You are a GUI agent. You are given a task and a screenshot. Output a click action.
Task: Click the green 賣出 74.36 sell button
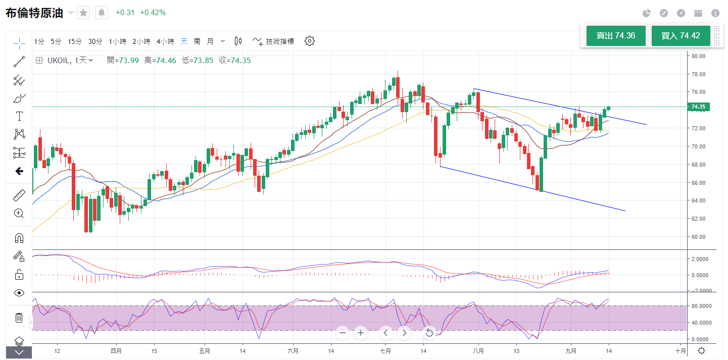616,36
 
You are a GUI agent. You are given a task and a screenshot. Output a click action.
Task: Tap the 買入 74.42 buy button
681,36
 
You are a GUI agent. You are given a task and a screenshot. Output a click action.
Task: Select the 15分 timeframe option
75,41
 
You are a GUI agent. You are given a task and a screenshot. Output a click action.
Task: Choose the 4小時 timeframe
165,41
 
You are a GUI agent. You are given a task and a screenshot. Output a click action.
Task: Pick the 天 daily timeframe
184,41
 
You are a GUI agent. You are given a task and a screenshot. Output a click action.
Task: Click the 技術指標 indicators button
273,41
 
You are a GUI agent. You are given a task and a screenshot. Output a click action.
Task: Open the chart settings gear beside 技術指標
310,41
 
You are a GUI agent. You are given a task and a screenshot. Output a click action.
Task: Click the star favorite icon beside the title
83,13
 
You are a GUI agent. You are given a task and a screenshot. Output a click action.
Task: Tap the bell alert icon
102,13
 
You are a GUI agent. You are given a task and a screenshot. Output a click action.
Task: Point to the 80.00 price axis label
698,56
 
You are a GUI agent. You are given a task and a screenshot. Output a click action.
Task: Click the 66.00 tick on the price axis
698,183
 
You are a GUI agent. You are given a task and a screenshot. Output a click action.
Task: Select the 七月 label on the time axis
385,351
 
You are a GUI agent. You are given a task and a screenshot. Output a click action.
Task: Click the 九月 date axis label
570,351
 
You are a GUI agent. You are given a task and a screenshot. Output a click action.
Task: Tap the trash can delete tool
19,318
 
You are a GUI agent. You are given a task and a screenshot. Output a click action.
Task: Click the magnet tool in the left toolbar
19,238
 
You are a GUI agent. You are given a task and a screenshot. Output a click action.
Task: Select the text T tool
19,116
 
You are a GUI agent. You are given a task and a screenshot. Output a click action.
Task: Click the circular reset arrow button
429,332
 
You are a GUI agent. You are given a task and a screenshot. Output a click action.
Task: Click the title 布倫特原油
34,13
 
